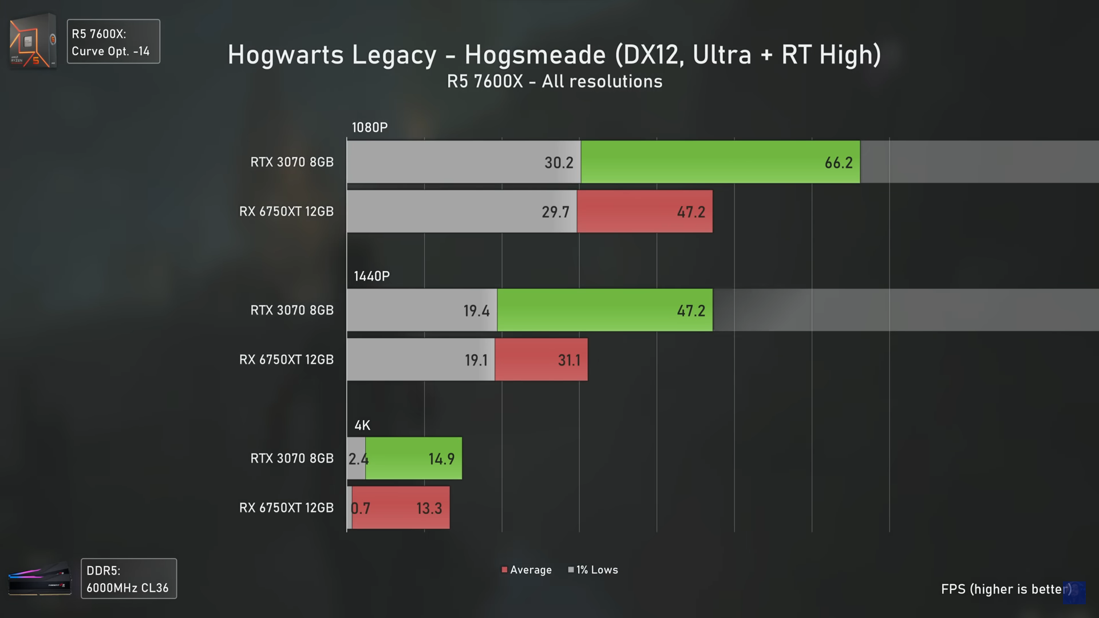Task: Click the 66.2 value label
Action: pos(838,163)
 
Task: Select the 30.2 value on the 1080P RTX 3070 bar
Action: pos(559,163)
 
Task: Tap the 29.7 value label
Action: pos(555,212)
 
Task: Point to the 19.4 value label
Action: pos(476,311)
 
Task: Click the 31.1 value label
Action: pos(569,360)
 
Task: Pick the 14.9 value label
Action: pos(441,459)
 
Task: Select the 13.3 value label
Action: pos(429,509)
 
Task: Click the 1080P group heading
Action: pos(369,128)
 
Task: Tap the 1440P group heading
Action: pos(371,276)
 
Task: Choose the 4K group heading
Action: pos(362,426)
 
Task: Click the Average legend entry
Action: pos(527,570)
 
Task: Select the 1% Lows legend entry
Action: pos(593,570)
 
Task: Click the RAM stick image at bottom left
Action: pos(40,579)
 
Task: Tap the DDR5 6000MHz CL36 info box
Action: pos(129,579)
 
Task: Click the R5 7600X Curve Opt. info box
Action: pos(113,42)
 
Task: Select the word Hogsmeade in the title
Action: pos(535,55)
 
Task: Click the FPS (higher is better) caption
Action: pos(1006,589)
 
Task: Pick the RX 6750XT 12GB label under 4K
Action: pos(286,508)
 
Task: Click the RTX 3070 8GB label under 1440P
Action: pos(292,310)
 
